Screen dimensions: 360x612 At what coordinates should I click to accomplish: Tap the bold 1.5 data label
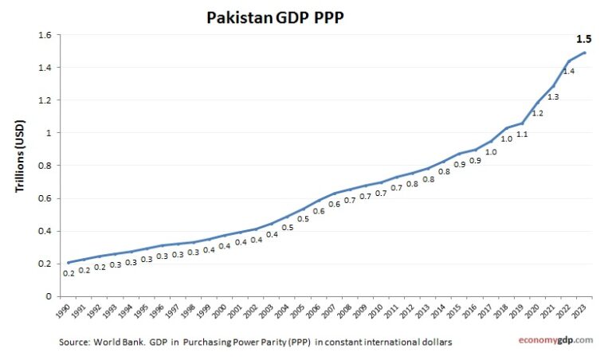tap(583, 38)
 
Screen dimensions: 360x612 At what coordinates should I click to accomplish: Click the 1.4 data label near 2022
tap(568, 72)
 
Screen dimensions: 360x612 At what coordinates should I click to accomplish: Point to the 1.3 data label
tap(553, 96)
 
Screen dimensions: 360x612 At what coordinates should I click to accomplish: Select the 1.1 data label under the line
tap(522, 134)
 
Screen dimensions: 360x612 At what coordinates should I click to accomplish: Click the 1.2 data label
tap(537, 113)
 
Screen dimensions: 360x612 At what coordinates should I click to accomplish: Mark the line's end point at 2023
tap(586, 53)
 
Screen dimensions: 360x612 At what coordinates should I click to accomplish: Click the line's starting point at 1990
tap(69, 262)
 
